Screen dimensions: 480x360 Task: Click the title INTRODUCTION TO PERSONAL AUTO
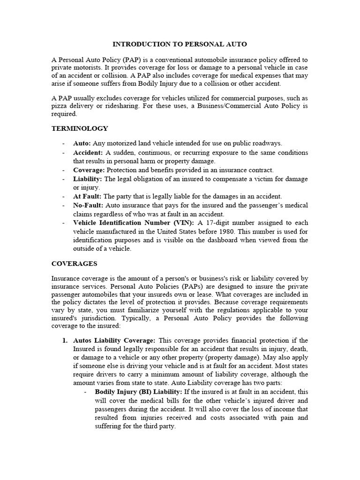tap(180, 44)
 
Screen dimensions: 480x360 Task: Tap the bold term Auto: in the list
tap(82, 143)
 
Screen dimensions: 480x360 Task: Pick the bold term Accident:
tap(88, 153)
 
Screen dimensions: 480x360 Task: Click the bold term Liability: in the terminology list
tap(88, 179)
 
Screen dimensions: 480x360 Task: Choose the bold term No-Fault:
tap(89, 205)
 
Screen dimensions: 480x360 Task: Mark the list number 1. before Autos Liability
tap(65, 340)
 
